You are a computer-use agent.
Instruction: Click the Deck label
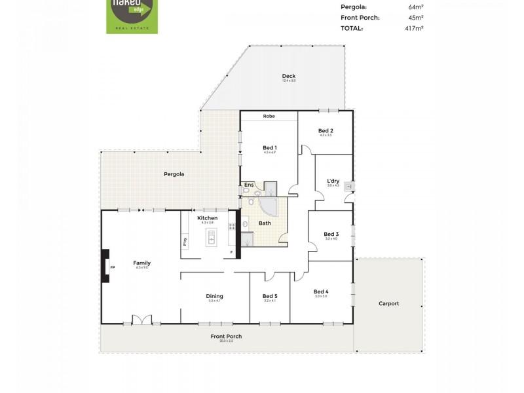[289, 76]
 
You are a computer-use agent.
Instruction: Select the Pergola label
[174, 174]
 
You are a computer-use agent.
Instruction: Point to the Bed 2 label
[326, 131]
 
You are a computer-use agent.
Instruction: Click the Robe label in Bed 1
[269, 116]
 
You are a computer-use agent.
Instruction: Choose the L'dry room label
[333, 181]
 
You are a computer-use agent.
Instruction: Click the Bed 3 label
[331, 234]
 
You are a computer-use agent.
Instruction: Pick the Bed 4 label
[321, 291]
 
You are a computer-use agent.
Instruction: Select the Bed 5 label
[270, 295]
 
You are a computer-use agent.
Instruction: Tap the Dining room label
[214, 295]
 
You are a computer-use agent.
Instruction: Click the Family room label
[142, 263]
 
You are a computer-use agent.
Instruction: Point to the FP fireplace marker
[112, 267]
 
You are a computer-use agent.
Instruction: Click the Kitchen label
[208, 218]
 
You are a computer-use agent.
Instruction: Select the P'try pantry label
[185, 240]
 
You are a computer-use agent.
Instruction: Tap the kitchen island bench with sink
[212, 240]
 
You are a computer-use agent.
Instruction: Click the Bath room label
[265, 223]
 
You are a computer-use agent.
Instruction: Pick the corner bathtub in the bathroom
[269, 206]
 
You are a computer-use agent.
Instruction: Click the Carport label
[388, 303]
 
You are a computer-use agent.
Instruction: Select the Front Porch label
[226, 337]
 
